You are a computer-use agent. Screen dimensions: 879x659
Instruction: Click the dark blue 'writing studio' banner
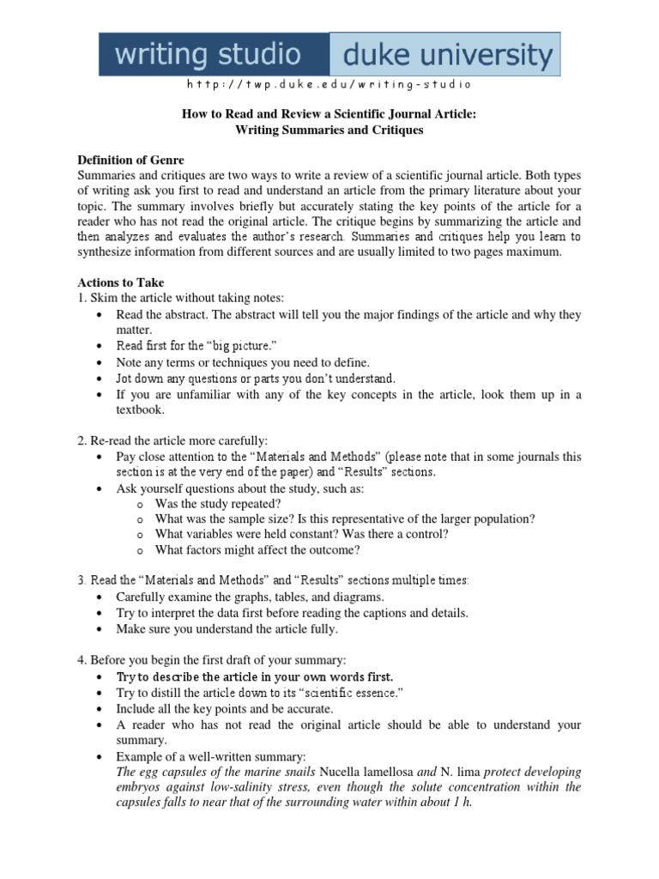pyautogui.click(x=214, y=56)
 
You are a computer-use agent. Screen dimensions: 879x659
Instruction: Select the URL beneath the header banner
pyautogui.click(x=329, y=85)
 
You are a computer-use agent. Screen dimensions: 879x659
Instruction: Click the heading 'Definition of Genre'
pyautogui.click(x=130, y=161)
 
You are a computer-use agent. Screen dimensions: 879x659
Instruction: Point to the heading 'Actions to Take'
pyautogui.click(x=121, y=282)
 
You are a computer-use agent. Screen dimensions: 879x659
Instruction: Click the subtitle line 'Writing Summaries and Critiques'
pyautogui.click(x=329, y=130)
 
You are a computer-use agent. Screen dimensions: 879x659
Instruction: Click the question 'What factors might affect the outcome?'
pyautogui.click(x=257, y=549)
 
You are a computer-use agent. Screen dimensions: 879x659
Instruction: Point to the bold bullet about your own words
pyautogui.click(x=255, y=677)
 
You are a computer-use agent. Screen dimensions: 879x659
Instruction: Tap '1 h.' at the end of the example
pyautogui.click(x=461, y=802)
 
